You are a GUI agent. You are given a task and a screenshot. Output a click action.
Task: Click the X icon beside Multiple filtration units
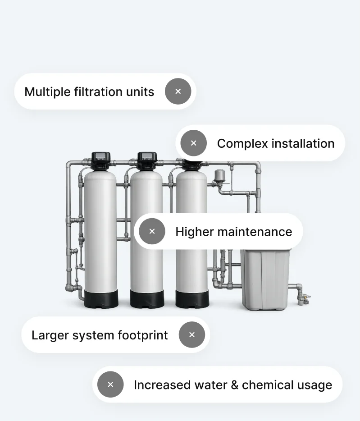[x=178, y=92]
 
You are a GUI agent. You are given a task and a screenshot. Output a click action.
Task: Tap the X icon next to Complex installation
[x=194, y=143]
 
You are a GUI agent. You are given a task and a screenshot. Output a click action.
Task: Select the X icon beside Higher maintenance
[x=152, y=231]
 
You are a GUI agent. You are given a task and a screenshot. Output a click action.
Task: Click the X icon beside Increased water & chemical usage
[x=110, y=384]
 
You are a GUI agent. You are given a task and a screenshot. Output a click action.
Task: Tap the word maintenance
[x=255, y=232]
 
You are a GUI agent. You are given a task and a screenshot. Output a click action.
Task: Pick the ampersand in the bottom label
[x=235, y=385]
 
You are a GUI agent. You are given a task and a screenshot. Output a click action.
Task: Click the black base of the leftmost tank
[x=101, y=298]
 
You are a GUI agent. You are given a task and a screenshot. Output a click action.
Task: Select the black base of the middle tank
[x=147, y=298]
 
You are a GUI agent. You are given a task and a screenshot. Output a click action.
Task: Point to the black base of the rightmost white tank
[x=192, y=298]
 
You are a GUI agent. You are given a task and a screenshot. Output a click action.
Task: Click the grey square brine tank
[x=265, y=280]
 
